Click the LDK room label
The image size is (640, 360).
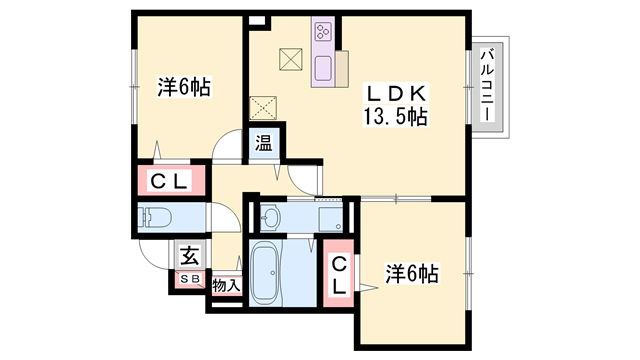tap(404, 94)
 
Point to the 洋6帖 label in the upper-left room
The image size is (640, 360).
tap(183, 87)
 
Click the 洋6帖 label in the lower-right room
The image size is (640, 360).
tap(412, 272)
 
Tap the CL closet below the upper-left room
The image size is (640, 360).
tap(171, 181)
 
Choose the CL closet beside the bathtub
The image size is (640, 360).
tap(340, 274)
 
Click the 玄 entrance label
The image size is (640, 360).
tap(189, 254)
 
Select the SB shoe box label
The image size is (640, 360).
tap(189, 278)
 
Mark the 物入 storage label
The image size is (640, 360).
tap(227, 285)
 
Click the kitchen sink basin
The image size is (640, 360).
tap(326, 68)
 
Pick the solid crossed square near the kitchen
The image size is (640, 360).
tap(290, 60)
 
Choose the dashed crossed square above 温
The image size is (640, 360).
tap(262, 105)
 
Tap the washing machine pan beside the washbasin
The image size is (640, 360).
tap(327, 216)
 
